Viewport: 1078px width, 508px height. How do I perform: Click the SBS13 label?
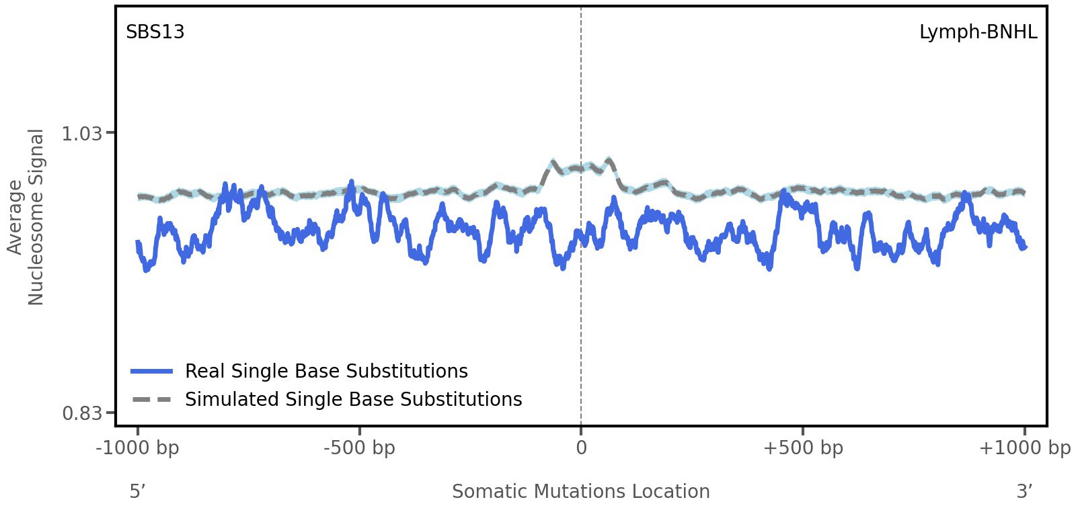click(155, 32)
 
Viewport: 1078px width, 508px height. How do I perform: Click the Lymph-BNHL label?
click(978, 32)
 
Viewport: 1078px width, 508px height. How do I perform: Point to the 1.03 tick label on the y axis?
click(81, 134)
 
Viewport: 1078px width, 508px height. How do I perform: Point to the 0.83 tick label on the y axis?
click(81, 413)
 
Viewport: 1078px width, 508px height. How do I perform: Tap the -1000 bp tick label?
click(138, 448)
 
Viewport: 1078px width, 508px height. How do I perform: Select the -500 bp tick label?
click(359, 448)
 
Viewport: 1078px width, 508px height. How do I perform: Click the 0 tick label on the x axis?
click(581, 448)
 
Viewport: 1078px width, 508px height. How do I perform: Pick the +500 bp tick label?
click(803, 448)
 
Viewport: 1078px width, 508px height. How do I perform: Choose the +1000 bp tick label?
click(1024, 448)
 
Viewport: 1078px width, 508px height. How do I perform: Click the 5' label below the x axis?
click(137, 491)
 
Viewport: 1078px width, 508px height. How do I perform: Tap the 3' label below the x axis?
click(1024, 491)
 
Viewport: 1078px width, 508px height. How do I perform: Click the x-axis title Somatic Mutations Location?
click(580, 491)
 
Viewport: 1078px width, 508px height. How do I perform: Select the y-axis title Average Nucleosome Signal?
click(26, 217)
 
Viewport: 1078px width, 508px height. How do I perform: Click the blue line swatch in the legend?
click(152, 372)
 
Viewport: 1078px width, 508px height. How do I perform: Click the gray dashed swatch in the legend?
click(152, 400)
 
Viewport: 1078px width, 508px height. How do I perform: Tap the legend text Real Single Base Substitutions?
click(326, 372)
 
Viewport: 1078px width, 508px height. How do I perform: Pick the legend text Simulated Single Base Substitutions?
click(353, 400)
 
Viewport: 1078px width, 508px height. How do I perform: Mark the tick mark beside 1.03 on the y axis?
click(111, 133)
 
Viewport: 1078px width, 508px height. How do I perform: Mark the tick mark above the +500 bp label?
click(803, 429)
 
